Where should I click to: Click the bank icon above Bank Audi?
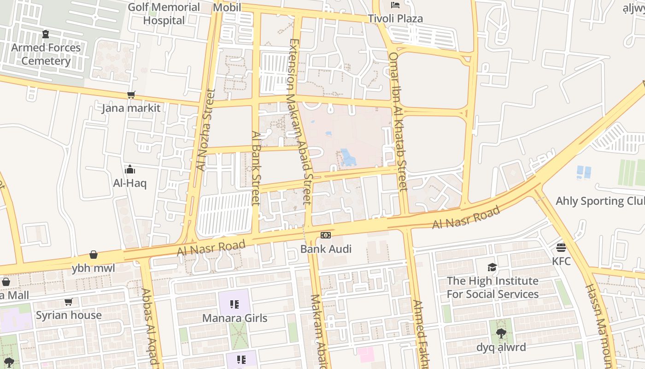pos(326,236)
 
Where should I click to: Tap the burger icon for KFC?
pos(561,248)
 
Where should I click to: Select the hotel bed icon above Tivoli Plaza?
pos(395,5)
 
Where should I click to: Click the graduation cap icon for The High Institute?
pos(492,268)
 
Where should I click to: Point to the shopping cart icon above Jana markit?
pos(131,95)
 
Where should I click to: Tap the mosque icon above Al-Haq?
pos(130,169)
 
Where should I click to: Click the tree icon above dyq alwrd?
pos(501,333)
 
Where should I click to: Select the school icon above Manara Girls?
pos(235,304)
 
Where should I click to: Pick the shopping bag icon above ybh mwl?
pos(94,255)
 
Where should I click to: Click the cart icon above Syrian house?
pos(68,302)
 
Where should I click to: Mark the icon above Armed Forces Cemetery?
pos(46,34)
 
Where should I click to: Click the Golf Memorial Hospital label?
pos(164,14)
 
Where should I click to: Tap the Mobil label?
pos(227,7)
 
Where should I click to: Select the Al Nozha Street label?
pos(205,130)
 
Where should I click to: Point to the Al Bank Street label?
pos(256,168)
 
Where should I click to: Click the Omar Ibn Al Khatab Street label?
pos(398,121)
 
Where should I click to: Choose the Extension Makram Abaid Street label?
pos(300,121)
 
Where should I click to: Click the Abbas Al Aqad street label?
pos(150,327)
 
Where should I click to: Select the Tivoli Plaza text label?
pos(395,19)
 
